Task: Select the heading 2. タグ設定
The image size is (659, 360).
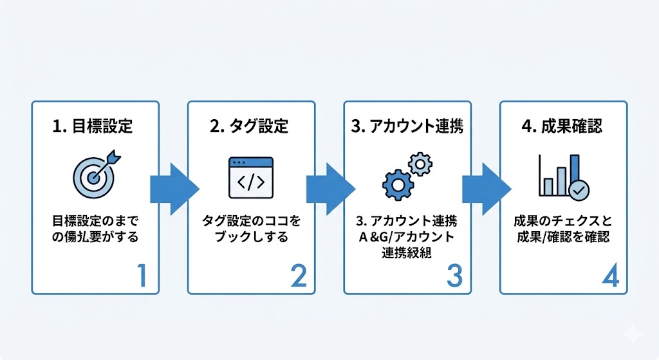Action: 250,126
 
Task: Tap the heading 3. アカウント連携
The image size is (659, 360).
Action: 407,126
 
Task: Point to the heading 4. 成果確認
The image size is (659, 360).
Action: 562,126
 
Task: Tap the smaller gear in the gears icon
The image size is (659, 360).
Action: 420,165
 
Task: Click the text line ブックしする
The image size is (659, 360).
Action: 251,236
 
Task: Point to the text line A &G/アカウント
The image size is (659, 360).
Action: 407,236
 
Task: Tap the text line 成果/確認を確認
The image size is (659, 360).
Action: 563,236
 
